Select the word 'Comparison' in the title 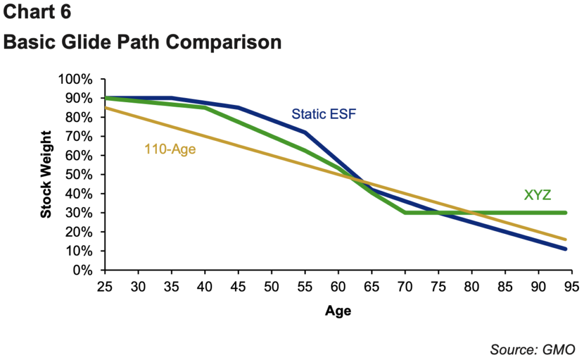click(x=224, y=43)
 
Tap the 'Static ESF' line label click(x=324, y=114)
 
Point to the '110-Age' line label click(x=170, y=149)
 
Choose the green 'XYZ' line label click(x=537, y=195)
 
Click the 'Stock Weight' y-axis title click(x=46, y=175)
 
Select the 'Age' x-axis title click(x=338, y=311)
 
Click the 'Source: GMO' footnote click(x=533, y=350)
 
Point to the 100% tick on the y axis click(x=75, y=79)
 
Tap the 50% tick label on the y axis click(x=79, y=175)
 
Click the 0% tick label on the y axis click(x=82, y=270)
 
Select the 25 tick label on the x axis click(x=105, y=287)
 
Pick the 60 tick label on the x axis click(x=338, y=287)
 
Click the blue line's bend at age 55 click(x=305, y=132)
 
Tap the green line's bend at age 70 click(x=405, y=213)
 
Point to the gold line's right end click(x=565, y=239)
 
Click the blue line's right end click(x=565, y=249)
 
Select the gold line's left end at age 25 click(x=106, y=108)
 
